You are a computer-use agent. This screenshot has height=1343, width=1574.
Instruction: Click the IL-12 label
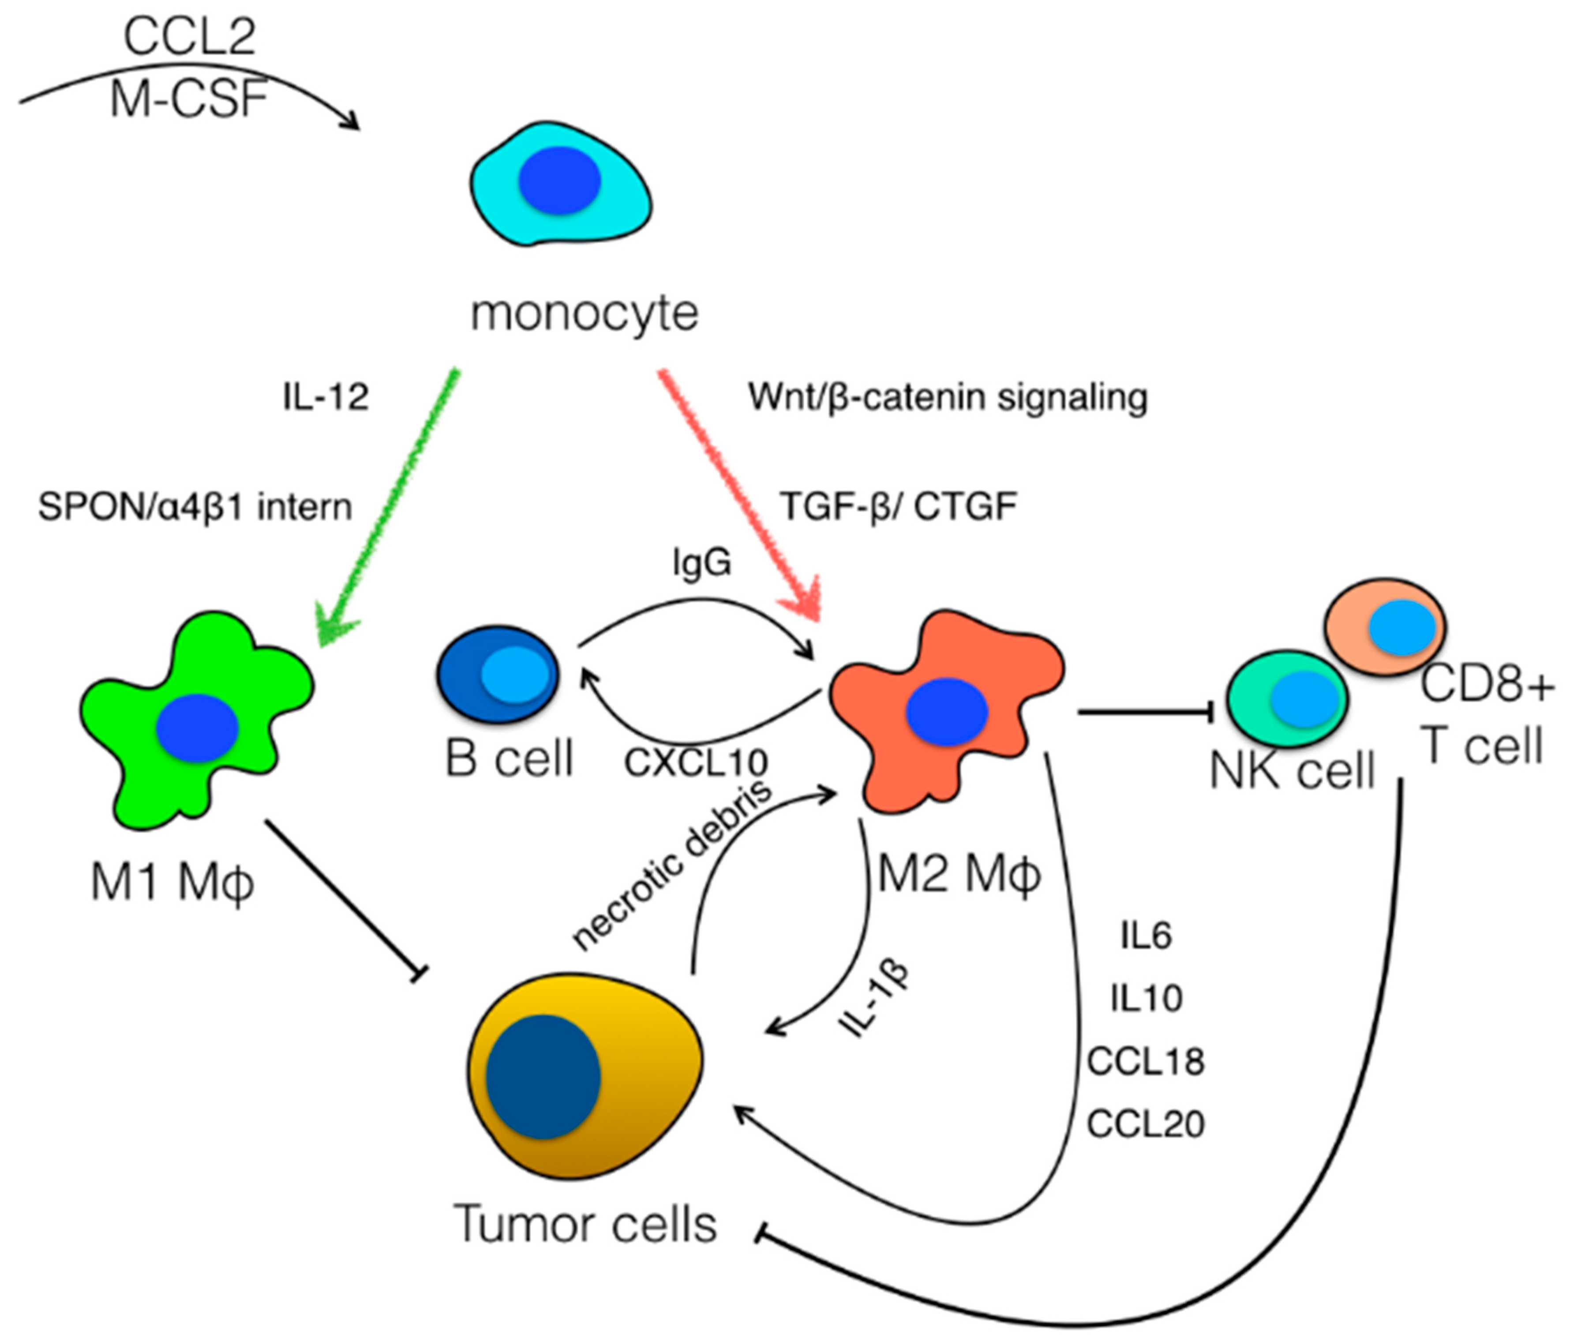point(326,397)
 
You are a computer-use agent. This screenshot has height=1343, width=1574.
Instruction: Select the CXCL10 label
point(696,762)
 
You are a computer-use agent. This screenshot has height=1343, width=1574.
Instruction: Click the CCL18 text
point(1146,1061)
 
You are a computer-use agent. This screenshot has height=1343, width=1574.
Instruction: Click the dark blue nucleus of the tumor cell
point(543,1078)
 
